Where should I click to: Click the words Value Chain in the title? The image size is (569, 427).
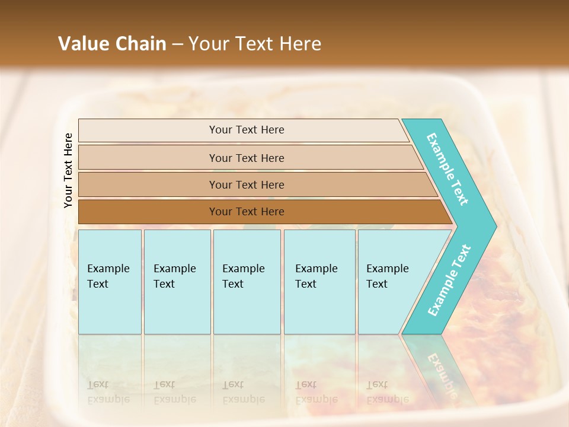coord(112,44)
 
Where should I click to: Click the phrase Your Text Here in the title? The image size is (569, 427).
coord(255,44)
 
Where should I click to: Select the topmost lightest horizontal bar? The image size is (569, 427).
coord(246,130)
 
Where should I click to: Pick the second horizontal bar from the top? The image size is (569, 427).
coord(246,158)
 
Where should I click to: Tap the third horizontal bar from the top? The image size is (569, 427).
coord(246,184)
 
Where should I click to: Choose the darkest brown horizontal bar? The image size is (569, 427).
coord(246,212)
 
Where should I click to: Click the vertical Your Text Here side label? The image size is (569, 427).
coord(68,170)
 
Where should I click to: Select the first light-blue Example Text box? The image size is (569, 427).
coord(110,281)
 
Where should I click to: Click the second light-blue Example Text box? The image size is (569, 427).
coord(177,281)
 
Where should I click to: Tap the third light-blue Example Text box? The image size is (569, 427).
coord(246,281)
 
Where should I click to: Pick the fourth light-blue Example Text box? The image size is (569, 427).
coord(319,281)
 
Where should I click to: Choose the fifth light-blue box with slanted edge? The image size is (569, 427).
coord(391,281)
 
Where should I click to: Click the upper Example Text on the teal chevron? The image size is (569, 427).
coord(447,169)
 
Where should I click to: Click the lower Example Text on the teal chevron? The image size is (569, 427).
coord(449,280)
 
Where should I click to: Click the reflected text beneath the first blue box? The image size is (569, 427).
coord(107,392)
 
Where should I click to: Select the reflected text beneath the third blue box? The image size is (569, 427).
coord(243,392)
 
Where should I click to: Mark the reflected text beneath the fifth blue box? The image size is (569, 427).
coord(387,392)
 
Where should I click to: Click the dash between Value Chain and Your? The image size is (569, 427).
coord(177,44)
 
